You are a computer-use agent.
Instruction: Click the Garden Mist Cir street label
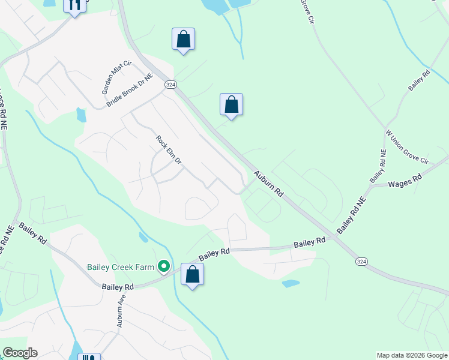pyautogui.click(x=116, y=78)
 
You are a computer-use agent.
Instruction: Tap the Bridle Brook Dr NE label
pyautogui.click(x=130, y=91)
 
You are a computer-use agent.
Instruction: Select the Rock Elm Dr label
pyautogui.click(x=169, y=151)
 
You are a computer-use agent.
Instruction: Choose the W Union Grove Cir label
pyautogui.click(x=407, y=147)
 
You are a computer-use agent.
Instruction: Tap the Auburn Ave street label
pyautogui.click(x=121, y=311)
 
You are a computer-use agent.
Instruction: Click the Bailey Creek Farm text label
pyautogui.click(x=121, y=266)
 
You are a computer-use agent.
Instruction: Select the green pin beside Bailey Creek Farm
pyautogui.click(x=163, y=266)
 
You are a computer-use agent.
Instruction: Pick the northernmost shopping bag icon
pyautogui.click(x=183, y=40)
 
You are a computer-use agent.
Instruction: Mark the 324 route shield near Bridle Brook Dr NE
pyautogui.click(x=170, y=85)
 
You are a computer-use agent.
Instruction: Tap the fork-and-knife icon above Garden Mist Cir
pyautogui.click(x=74, y=5)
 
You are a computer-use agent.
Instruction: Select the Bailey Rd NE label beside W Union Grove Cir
pyautogui.click(x=378, y=166)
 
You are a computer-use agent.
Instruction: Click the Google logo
pyautogui.click(x=20, y=353)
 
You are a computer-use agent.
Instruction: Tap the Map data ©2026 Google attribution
pyautogui.click(x=412, y=355)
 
